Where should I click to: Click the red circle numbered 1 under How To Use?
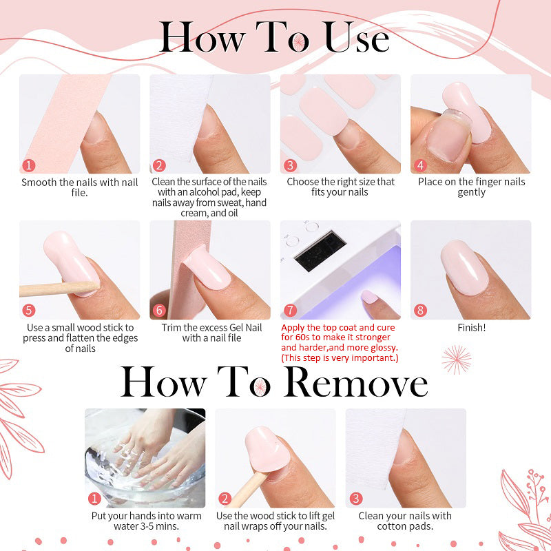[28, 165]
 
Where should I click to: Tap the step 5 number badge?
[28, 311]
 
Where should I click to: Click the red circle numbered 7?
[290, 311]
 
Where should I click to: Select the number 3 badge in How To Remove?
[355, 499]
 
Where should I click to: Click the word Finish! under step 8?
[471, 328]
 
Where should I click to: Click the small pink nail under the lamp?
[369, 297]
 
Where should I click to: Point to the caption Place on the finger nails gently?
[471, 187]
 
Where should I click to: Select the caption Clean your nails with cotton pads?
[405, 521]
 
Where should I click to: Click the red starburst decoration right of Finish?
[457, 359]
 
